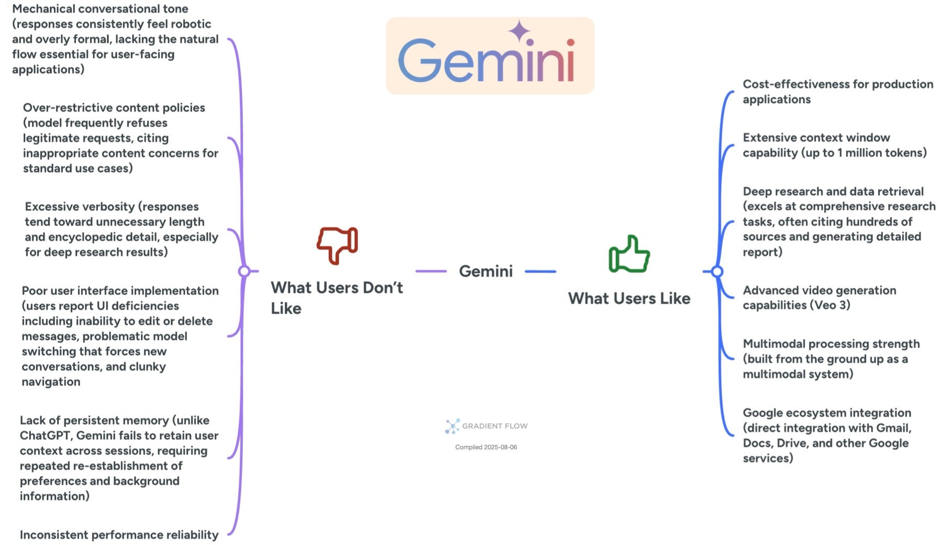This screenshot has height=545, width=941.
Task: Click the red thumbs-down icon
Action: (x=337, y=244)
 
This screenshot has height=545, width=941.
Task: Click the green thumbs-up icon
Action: (x=629, y=254)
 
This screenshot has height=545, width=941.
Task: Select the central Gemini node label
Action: (x=485, y=271)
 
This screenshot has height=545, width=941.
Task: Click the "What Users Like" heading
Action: (x=629, y=298)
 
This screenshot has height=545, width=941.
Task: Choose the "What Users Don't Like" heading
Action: (x=336, y=297)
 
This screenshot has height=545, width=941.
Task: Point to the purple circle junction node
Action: (x=244, y=271)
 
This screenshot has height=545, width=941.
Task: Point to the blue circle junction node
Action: (x=717, y=272)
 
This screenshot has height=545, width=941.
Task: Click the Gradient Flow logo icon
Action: (x=452, y=426)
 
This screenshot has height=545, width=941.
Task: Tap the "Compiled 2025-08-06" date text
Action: (x=485, y=447)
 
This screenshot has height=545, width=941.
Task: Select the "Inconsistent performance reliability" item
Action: (x=119, y=535)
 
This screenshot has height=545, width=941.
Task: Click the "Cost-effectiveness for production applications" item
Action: (x=837, y=92)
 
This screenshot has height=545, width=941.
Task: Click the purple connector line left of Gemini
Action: (x=431, y=271)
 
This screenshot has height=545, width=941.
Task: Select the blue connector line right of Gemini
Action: (x=540, y=272)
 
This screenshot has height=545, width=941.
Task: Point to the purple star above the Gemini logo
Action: (x=519, y=31)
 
